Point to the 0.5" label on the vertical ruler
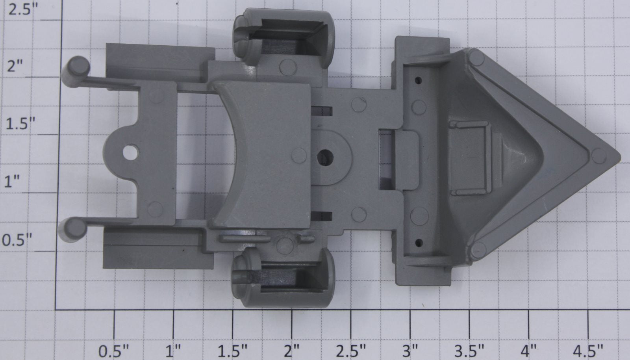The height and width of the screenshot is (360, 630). click(x=17, y=240)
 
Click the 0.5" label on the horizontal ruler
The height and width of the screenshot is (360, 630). click(x=114, y=351)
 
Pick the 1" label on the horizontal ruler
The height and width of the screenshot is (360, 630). click(x=173, y=351)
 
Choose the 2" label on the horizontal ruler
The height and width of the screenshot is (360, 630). click(x=291, y=351)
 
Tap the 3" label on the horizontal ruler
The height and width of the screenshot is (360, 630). click(x=410, y=351)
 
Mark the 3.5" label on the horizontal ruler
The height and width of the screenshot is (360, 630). click(x=469, y=351)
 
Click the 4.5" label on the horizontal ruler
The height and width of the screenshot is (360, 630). click(x=588, y=351)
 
